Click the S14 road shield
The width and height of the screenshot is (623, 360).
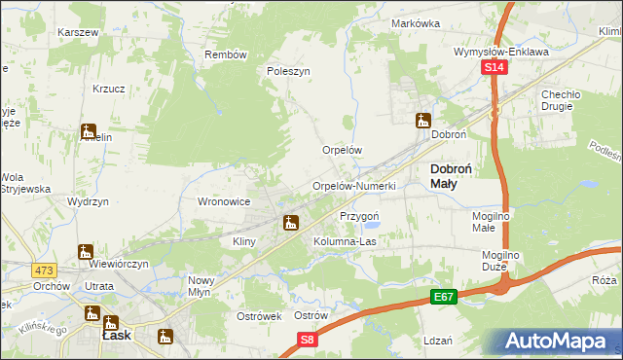tap(495, 67)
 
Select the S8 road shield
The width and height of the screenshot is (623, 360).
tap(308, 339)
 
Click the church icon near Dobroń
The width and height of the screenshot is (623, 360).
tap(422, 122)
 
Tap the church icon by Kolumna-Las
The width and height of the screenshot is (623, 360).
tap(290, 224)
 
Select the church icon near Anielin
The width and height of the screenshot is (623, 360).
tap(89, 131)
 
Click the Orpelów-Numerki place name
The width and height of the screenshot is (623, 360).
tap(353, 186)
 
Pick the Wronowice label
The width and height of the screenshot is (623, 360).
tap(225, 201)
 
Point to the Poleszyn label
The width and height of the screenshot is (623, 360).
tap(288, 71)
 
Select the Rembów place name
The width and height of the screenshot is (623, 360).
tap(225, 54)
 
